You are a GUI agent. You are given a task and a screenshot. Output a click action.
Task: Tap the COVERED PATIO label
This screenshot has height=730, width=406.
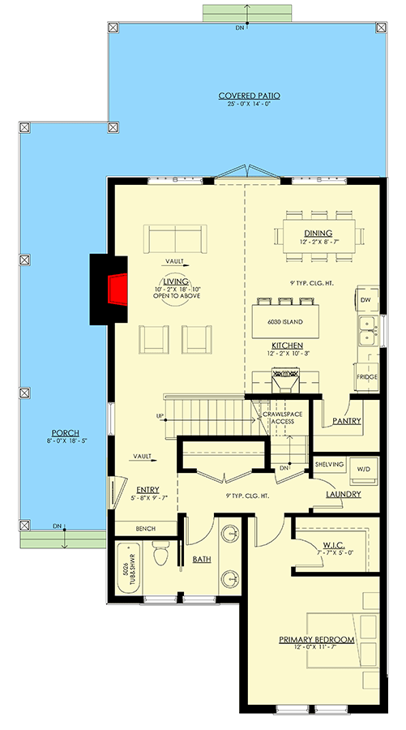(243, 96)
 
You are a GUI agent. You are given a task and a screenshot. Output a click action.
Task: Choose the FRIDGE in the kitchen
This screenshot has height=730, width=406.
(367, 377)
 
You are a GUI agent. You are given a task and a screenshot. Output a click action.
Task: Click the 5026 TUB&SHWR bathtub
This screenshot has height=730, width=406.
(127, 569)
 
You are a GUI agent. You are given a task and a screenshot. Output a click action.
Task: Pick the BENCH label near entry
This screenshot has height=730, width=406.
(146, 529)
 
